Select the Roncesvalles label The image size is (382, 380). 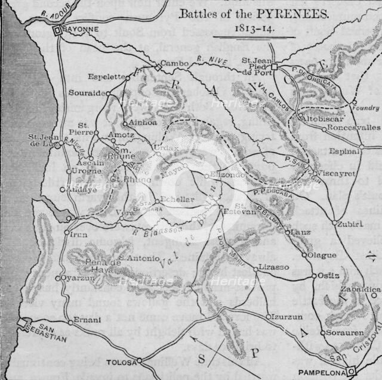click(x=355, y=127)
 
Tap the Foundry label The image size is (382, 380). click(x=365, y=108)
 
